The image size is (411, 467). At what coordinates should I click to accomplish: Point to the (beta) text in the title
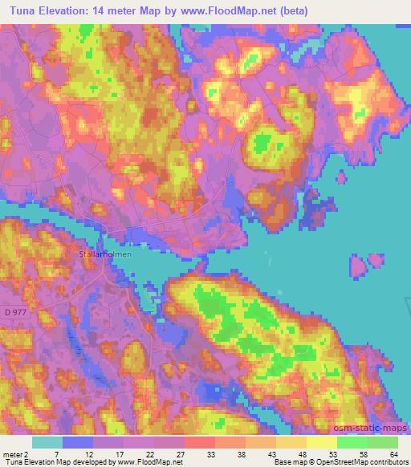click(295, 10)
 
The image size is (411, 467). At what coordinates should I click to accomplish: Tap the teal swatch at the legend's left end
click(47, 441)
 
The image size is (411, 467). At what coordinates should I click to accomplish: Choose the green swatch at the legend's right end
click(382, 441)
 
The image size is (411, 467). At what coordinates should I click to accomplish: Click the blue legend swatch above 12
click(78, 441)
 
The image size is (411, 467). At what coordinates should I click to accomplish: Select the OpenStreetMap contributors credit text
click(358, 462)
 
